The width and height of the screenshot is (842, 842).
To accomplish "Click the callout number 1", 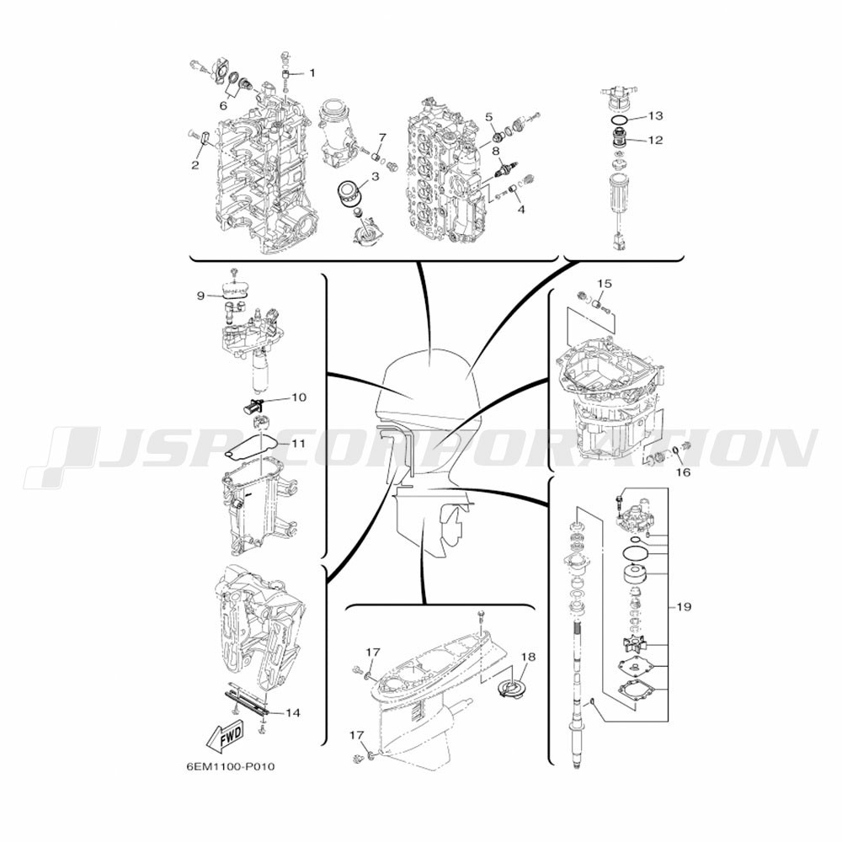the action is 312,72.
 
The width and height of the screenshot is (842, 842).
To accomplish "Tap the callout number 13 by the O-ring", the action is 655,115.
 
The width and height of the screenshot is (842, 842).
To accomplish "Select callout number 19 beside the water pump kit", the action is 684,607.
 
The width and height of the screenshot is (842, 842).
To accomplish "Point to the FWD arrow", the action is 225,733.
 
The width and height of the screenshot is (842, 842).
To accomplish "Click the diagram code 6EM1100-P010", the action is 231,766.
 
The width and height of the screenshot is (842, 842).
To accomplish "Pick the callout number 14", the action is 293,713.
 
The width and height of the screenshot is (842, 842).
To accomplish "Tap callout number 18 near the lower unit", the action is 528,657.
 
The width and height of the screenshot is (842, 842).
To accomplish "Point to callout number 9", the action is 200,296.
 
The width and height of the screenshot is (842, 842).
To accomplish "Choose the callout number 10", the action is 299,397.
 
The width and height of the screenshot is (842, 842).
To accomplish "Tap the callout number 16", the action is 683,472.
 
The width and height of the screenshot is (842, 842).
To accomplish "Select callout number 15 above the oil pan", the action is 605,283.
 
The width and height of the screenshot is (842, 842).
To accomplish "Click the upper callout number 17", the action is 373,653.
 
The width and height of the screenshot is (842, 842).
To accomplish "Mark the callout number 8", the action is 495,150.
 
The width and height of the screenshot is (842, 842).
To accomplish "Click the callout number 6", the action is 223,106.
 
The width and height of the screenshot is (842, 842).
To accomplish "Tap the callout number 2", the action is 195,164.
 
